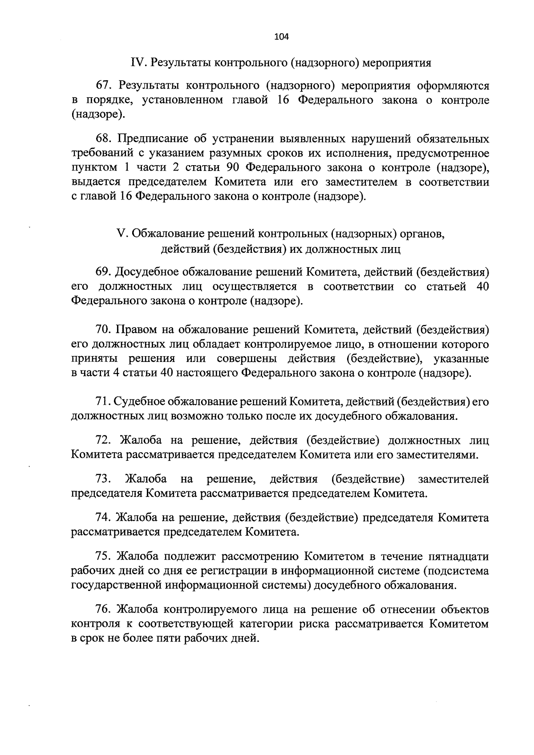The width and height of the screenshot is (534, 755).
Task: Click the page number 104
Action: (282, 37)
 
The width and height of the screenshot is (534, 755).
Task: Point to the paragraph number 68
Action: (103, 139)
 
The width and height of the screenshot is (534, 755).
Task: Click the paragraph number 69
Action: (103, 272)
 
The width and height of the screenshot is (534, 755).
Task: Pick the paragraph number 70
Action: (103, 330)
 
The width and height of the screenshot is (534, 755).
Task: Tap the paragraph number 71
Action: (102, 402)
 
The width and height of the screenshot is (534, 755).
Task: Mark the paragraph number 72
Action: (103, 441)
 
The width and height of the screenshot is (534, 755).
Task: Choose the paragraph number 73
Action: (103, 479)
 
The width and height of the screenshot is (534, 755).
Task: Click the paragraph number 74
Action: (103, 518)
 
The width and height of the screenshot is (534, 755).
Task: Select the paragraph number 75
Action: (103, 556)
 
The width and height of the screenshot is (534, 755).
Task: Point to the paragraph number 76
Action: (103, 609)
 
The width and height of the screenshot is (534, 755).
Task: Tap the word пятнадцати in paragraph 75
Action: (458, 556)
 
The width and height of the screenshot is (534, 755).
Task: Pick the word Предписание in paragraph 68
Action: (151, 139)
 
